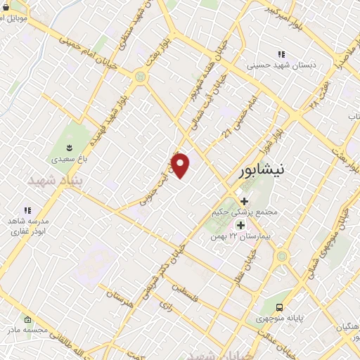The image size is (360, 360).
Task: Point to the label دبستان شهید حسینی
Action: pos(281,65)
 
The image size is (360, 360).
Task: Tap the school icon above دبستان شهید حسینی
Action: pos(281,54)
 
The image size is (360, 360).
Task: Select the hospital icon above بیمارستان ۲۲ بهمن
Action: pos(241,226)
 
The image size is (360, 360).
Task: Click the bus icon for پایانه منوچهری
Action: pos(280,307)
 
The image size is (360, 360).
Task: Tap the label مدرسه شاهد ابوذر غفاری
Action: pos(27,225)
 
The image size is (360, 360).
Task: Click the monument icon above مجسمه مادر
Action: pos(27,319)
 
